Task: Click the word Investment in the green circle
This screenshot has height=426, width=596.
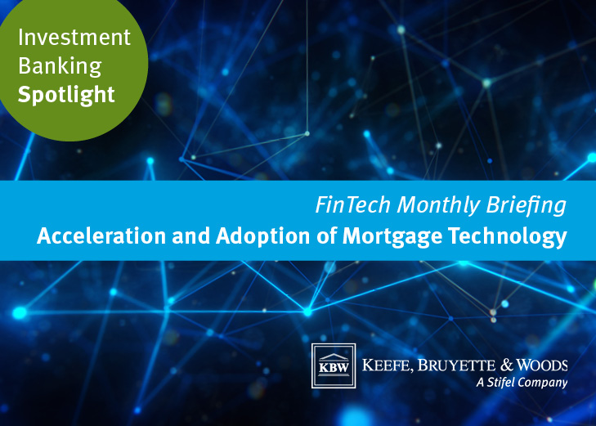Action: point(74,38)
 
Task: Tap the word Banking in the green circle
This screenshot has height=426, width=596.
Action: point(60,67)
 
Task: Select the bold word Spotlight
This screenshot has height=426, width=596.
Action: point(66,95)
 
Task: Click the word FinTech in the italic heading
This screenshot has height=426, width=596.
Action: point(352,205)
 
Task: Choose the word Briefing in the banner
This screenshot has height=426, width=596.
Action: point(527,205)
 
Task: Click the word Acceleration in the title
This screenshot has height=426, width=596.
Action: point(101,235)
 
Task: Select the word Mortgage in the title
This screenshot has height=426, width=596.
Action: point(392,237)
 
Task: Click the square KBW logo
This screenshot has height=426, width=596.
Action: point(334,366)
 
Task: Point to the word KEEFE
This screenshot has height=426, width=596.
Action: point(388,365)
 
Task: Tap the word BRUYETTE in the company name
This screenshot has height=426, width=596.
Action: point(456,365)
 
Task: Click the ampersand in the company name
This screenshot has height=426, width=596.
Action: point(507,365)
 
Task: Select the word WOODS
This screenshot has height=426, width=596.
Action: point(542,365)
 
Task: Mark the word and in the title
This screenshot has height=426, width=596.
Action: point(190,235)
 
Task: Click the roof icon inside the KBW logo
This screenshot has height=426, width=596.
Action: point(334,357)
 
